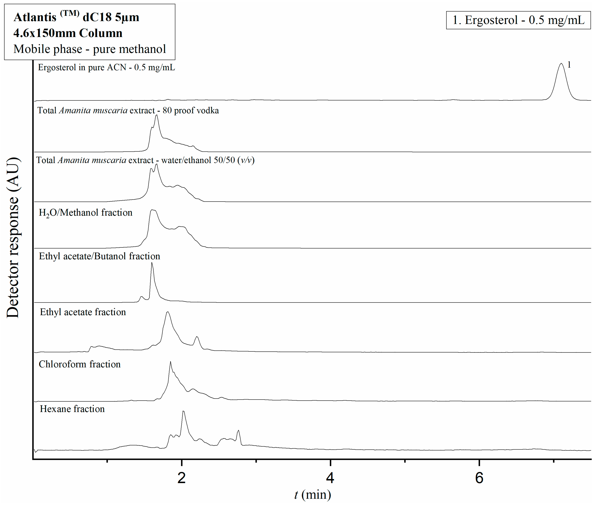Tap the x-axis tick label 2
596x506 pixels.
pyautogui.click(x=181, y=478)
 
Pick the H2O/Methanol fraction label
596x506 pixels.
pyautogui.click(x=86, y=213)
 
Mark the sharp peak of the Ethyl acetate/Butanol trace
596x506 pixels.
pyautogui.click(x=152, y=263)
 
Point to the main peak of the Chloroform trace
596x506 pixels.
pyautogui.click(x=170, y=362)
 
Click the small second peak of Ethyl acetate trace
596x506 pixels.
pyautogui.click(x=197, y=337)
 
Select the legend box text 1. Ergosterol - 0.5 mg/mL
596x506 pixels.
pyautogui.click(x=518, y=20)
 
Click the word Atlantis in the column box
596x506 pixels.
pyautogui.click(x=35, y=17)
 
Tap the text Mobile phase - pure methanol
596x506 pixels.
pyautogui.click(x=89, y=49)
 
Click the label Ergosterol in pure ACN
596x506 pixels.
pyautogui.click(x=106, y=67)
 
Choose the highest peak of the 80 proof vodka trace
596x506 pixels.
pyautogui.click(x=156, y=116)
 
